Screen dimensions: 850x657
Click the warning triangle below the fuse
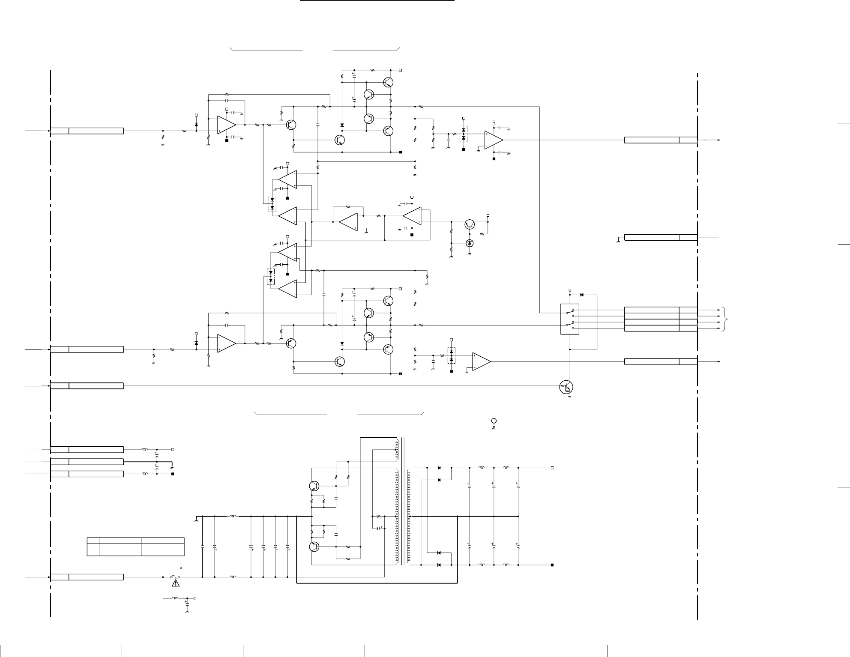click(175, 583)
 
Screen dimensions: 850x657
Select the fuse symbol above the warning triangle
click(175, 577)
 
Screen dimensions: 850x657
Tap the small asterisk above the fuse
click(181, 568)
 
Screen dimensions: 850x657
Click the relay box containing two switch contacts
click(570, 319)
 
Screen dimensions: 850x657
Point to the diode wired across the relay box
click(581, 295)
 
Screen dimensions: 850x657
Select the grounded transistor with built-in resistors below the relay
click(566, 387)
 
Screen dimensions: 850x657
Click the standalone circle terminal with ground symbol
click(494, 421)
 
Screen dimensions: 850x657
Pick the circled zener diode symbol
click(470, 243)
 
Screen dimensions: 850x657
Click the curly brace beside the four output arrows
click(725, 319)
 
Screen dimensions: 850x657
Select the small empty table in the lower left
click(135, 547)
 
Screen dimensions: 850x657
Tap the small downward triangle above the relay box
click(569, 292)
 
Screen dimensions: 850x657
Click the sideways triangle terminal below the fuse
click(194, 598)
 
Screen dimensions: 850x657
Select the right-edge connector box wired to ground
click(660, 237)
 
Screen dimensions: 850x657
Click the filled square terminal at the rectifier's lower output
click(552, 565)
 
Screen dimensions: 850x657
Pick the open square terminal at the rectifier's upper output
click(552, 468)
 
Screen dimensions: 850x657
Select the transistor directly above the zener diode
click(470, 224)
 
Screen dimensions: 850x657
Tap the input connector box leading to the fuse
click(87, 577)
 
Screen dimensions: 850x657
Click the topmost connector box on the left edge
click(87, 131)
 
